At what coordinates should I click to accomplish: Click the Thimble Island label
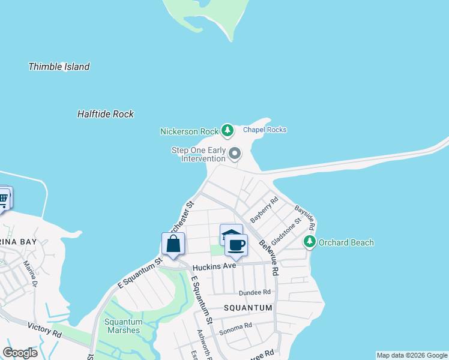pyautogui.click(x=59, y=67)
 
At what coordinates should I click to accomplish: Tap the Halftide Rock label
pyautogui.click(x=106, y=113)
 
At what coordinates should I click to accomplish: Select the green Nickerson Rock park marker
pyautogui.click(x=227, y=130)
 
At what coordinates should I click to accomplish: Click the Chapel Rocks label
pyautogui.click(x=265, y=130)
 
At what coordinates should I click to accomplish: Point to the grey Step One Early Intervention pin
pyautogui.click(x=235, y=154)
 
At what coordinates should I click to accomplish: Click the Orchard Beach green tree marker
pyautogui.click(x=310, y=242)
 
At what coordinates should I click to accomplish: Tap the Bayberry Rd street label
pyautogui.click(x=265, y=210)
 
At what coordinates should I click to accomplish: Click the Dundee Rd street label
pyautogui.click(x=255, y=292)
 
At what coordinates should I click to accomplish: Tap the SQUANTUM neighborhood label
pyautogui.click(x=248, y=307)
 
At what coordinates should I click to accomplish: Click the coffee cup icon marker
pyautogui.click(x=237, y=245)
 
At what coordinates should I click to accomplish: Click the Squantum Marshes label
pyautogui.click(x=122, y=326)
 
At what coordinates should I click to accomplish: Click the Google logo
pyautogui.click(x=20, y=352)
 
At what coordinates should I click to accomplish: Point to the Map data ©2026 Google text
pyautogui.click(x=412, y=355)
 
